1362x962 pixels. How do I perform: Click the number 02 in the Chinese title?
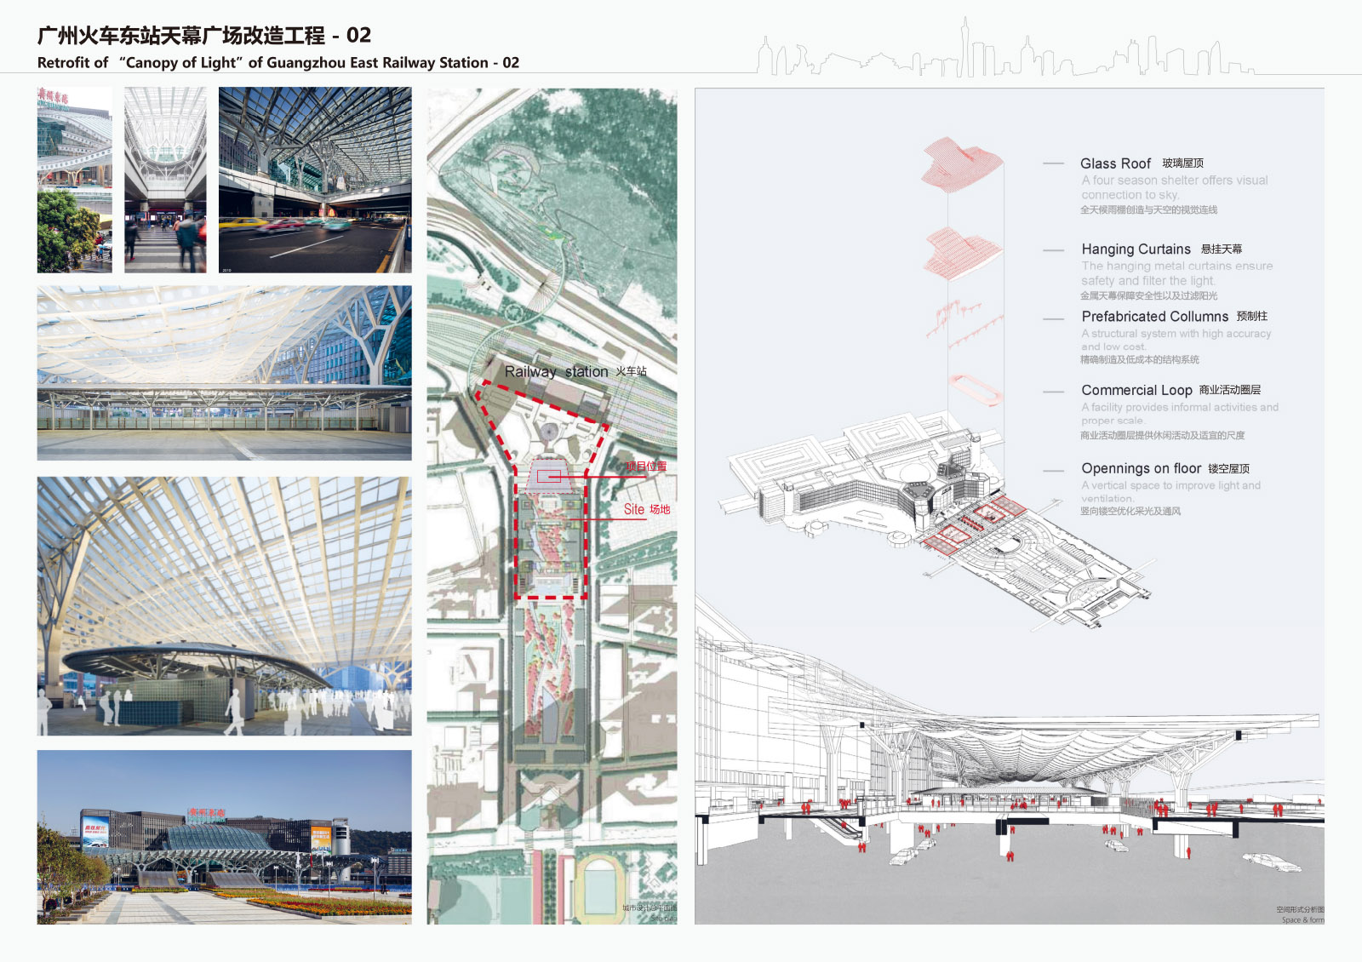coord(358,36)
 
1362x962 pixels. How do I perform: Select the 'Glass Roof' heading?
coord(1115,163)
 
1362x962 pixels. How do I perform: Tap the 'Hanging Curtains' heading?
coord(1136,249)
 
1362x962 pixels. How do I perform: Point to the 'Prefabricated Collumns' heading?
coord(1154,317)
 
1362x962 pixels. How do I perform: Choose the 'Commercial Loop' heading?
coord(1136,391)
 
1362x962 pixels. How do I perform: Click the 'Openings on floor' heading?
coord(1141,469)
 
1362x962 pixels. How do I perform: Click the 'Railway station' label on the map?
coord(556,372)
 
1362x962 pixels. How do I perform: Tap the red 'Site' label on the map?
coord(634,510)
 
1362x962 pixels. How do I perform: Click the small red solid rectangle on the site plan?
coord(548,477)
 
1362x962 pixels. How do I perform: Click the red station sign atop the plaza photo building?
coord(207,813)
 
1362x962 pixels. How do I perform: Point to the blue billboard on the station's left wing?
coord(95,831)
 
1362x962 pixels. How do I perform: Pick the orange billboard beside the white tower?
coord(321,838)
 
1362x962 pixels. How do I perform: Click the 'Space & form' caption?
coord(1302,920)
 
